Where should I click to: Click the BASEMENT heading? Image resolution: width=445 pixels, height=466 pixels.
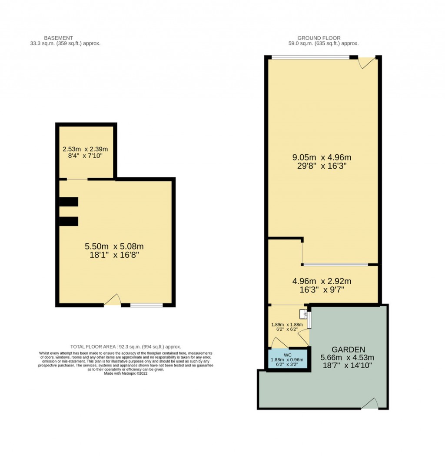coord(59,38)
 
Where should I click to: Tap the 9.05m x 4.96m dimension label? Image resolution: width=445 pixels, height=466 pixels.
coord(322,157)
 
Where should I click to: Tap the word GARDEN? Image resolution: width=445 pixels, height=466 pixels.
coord(348,349)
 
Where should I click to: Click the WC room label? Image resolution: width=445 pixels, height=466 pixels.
coord(287,355)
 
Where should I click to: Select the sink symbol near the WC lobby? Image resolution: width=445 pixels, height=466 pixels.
coord(303,313)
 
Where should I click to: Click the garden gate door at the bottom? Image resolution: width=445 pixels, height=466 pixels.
coord(370,404)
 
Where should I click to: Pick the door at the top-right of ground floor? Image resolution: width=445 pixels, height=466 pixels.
coord(365,63)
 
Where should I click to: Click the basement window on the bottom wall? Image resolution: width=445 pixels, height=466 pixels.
coord(146,305)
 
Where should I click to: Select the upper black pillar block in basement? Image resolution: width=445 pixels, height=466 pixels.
coord(69,202)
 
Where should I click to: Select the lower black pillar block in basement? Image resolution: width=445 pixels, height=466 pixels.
coord(69,221)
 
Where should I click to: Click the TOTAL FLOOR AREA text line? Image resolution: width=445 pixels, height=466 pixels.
coord(126,346)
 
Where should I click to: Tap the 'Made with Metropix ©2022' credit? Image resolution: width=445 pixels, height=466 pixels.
coord(126,373)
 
